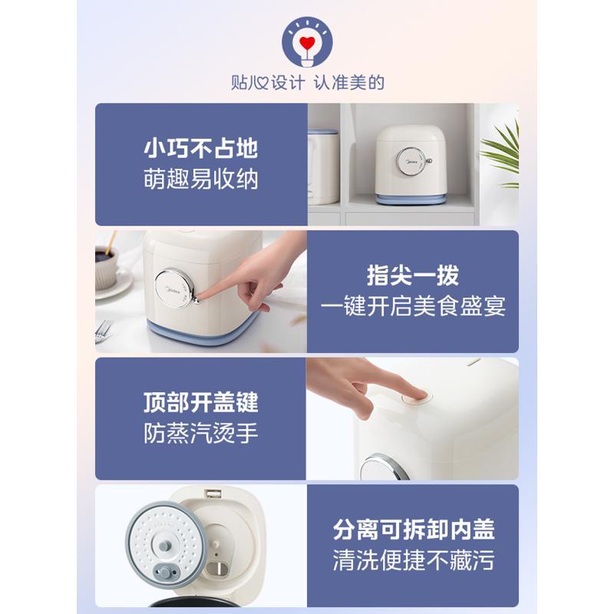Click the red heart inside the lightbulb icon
(x=307, y=43)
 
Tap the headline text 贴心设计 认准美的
(x=308, y=83)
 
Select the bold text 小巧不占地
(x=201, y=148)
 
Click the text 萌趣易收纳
(x=201, y=180)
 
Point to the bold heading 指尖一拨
(x=413, y=276)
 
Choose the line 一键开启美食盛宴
(x=413, y=306)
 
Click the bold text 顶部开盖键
(x=201, y=402)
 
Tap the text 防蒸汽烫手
(x=201, y=433)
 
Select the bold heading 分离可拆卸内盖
(x=414, y=530)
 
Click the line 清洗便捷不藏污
(x=414, y=560)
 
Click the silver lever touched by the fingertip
(x=195, y=299)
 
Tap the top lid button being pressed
(x=416, y=398)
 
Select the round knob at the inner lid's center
(x=164, y=546)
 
